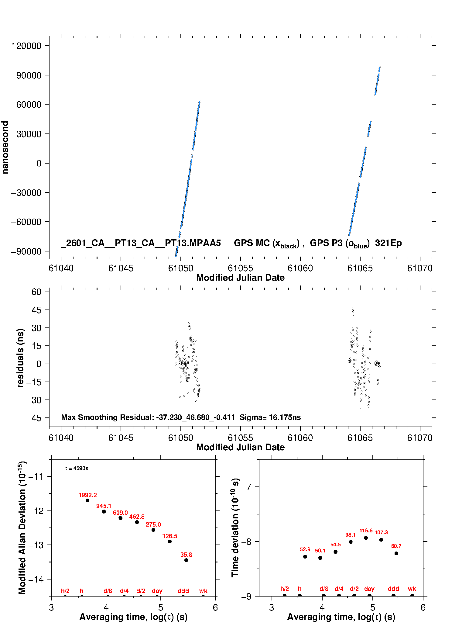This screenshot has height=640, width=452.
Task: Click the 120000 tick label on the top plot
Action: [26, 46]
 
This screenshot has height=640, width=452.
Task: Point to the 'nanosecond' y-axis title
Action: [5, 147]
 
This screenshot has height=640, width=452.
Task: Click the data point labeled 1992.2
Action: [87, 500]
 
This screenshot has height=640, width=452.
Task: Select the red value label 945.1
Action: [104, 506]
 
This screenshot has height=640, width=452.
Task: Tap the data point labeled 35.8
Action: [186, 560]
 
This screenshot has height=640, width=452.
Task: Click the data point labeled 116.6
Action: [366, 538]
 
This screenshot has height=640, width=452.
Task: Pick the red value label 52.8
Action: [305, 549]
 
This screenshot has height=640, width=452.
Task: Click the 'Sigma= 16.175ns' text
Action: [270, 417]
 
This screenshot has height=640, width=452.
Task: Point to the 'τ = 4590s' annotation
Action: [77, 468]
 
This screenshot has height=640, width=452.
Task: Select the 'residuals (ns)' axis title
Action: [20, 358]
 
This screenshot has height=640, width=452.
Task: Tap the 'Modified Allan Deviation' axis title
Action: [22, 528]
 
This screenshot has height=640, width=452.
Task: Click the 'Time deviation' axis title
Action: [235, 528]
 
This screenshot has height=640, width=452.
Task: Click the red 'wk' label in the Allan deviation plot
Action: [203, 591]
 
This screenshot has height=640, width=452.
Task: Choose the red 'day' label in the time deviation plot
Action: [369, 589]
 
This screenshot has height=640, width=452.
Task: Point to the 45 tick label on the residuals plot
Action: [36, 310]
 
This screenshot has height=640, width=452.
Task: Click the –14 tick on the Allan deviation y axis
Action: [36, 579]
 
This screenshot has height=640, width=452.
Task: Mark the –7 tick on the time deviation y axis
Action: [246, 487]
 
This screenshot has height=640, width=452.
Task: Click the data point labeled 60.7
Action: [396, 553]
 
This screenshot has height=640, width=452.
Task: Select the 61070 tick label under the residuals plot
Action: [419, 438]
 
